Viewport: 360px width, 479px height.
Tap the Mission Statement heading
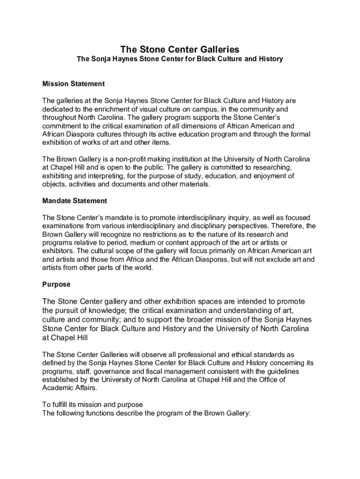coord(73,84)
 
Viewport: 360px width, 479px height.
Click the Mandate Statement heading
coord(75,201)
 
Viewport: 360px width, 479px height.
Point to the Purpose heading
coord(56,284)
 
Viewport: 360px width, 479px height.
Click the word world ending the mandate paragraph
coord(142,268)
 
